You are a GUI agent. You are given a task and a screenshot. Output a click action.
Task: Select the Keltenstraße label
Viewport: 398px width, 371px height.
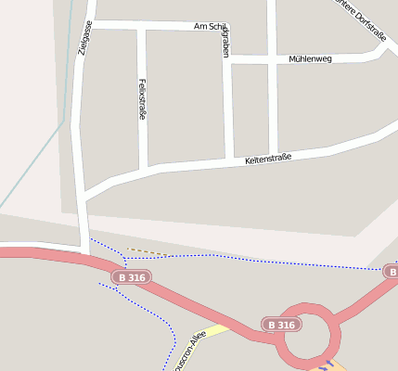pyautogui.click(x=268, y=159)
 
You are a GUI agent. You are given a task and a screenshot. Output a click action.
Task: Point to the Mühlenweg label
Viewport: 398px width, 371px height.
pyautogui.click(x=310, y=58)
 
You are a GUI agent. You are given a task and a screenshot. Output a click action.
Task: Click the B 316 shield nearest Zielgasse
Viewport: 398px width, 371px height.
pyautogui.click(x=131, y=277)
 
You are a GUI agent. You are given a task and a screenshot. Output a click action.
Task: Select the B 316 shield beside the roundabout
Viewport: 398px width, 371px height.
pyautogui.click(x=280, y=325)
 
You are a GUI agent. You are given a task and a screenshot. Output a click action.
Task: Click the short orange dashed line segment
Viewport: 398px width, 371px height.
pyautogui.click(x=147, y=250)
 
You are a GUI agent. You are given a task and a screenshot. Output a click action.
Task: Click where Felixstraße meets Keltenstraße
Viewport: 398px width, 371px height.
pyautogui.click(x=144, y=171)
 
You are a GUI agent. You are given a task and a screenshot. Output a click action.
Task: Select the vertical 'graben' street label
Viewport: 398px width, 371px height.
pyautogui.click(x=225, y=43)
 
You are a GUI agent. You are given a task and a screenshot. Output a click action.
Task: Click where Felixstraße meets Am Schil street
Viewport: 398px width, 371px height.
pyautogui.click(x=141, y=26)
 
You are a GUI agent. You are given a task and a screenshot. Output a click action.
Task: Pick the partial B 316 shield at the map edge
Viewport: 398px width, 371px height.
pyautogui.click(x=392, y=270)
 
